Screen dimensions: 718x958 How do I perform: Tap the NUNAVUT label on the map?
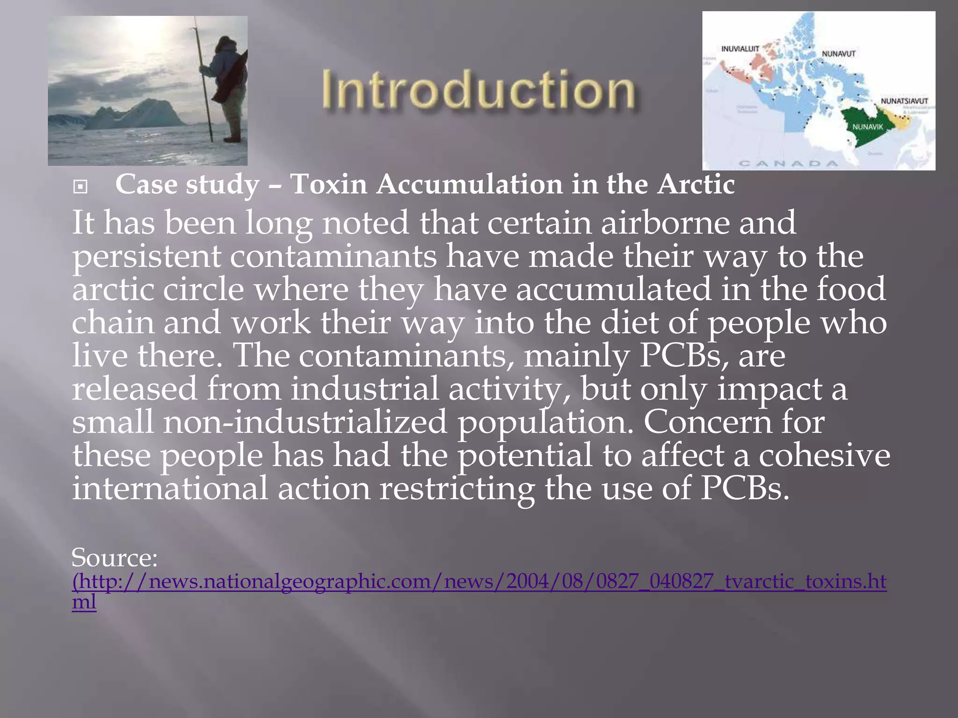839,54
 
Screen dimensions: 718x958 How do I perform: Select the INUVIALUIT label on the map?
740,49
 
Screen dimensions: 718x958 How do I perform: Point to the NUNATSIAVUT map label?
904,101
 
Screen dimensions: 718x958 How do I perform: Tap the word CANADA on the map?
789,164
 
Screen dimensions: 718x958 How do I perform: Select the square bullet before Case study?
80,187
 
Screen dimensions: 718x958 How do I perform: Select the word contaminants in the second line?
333,257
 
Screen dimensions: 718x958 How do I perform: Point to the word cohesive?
824,455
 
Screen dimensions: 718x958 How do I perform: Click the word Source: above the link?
115,558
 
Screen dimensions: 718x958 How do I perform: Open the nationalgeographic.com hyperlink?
479,582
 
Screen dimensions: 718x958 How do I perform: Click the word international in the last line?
170,488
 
